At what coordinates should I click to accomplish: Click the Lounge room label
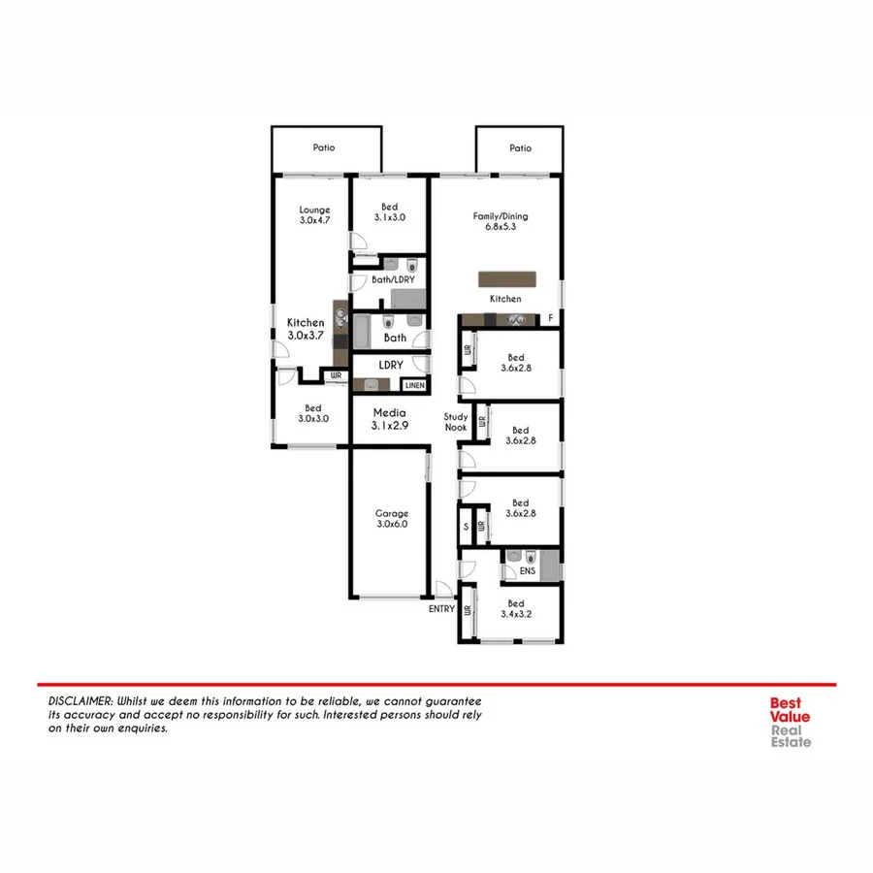[x=314, y=215]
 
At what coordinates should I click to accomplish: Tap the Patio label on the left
[x=323, y=148]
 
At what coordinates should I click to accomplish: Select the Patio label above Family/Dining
[x=520, y=148]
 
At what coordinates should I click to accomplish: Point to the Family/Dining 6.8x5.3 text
[x=500, y=222]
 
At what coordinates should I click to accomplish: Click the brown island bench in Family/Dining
[x=505, y=278]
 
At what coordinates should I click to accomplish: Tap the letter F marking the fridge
[x=551, y=318]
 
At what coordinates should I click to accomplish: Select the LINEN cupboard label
[x=414, y=385]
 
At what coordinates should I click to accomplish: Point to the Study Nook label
[x=456, y=422]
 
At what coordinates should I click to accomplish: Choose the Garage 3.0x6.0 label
[x=392, y=518]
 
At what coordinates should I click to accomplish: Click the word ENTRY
[x=441, y=609]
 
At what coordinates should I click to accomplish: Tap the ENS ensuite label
[x=528, y=572]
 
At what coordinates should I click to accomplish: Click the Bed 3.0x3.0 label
[x=312, y=414]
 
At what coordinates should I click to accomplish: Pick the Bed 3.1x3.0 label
[x=389, y=212]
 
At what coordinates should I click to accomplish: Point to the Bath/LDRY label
[x=393, y=279]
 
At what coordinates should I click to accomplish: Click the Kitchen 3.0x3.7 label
[x=306, y=329]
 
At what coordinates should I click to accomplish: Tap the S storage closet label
[x=466, y=527]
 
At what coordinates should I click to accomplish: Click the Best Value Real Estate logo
[x=791, y=724]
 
